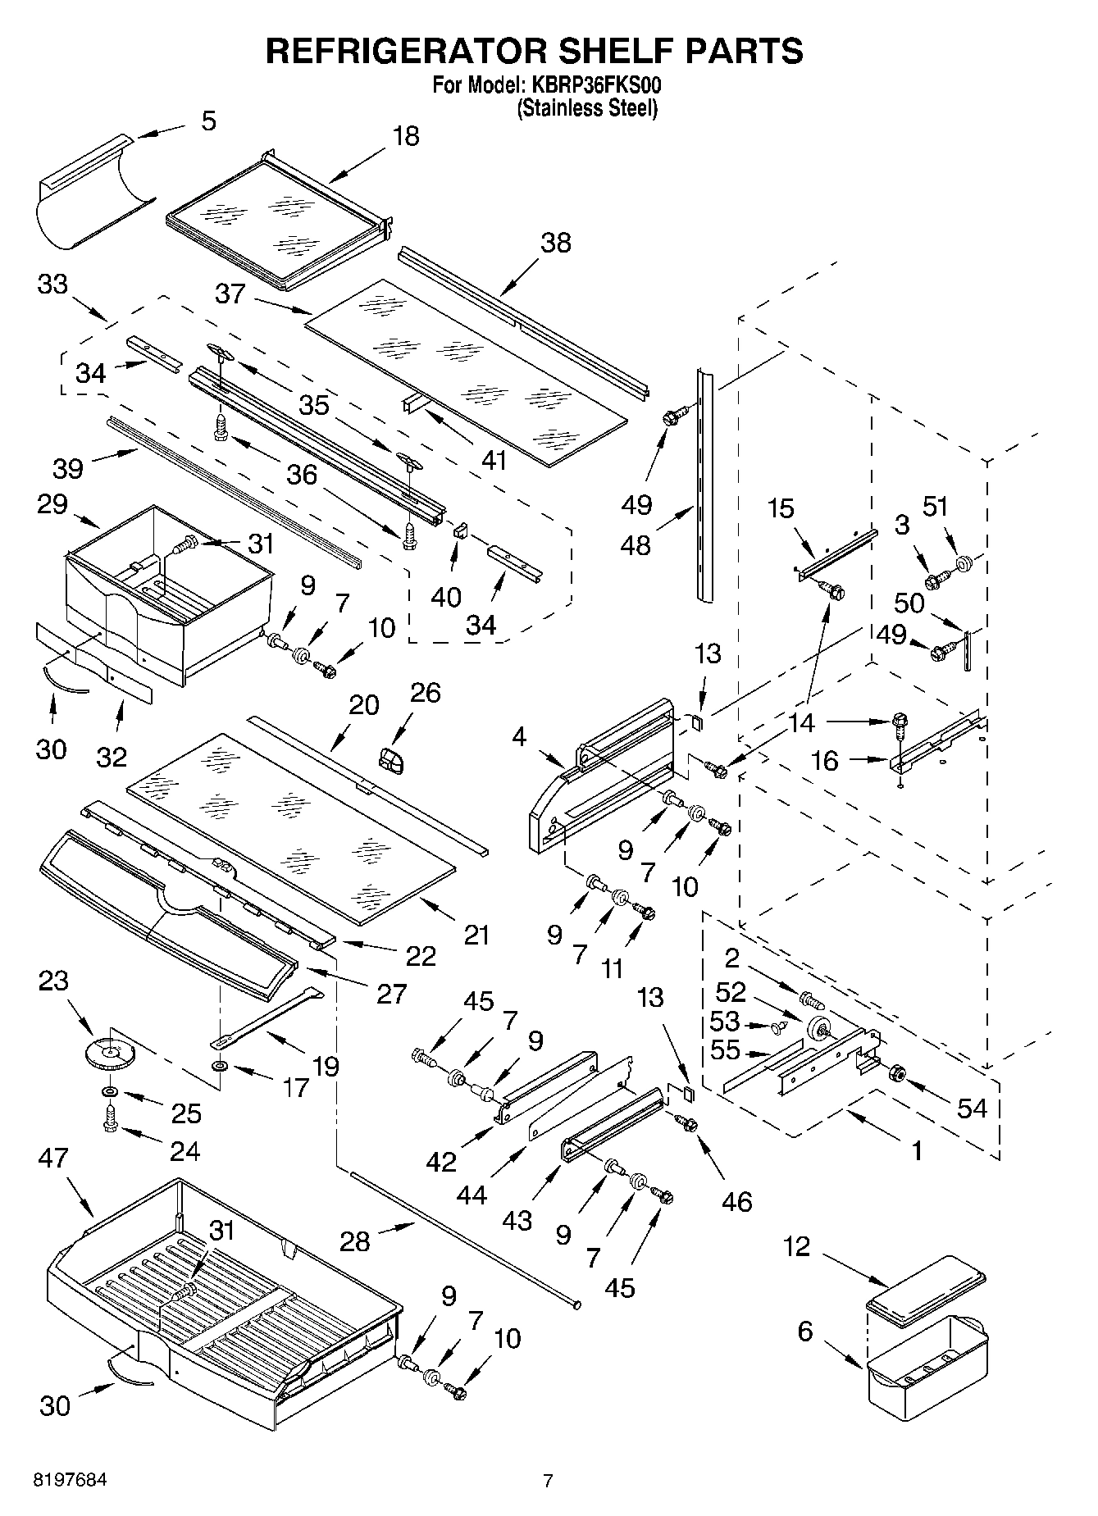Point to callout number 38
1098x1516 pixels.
point(555,243)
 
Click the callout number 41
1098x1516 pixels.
point(494,460)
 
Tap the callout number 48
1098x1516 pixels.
point(636,544)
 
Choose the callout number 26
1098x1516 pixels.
point(425,693)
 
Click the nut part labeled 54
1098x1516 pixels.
point(897,1072)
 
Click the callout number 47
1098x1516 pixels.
point(54,1158)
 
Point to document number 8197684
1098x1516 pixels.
point(70,1480)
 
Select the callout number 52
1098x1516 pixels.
point(731,992)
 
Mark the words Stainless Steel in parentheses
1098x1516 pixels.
point(586,107)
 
